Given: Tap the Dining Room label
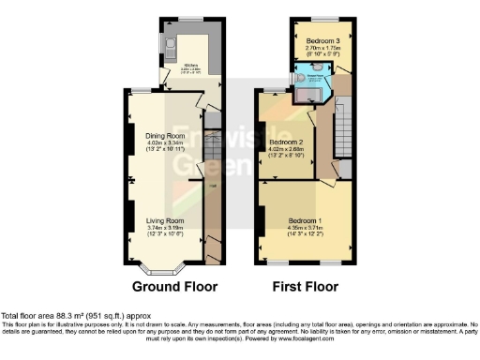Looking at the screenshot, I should point(164,136).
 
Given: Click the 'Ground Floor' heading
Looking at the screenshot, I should point(174,286).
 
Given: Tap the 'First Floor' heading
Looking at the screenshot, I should point(306,286).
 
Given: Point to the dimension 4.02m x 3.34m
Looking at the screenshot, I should point(164,143).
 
